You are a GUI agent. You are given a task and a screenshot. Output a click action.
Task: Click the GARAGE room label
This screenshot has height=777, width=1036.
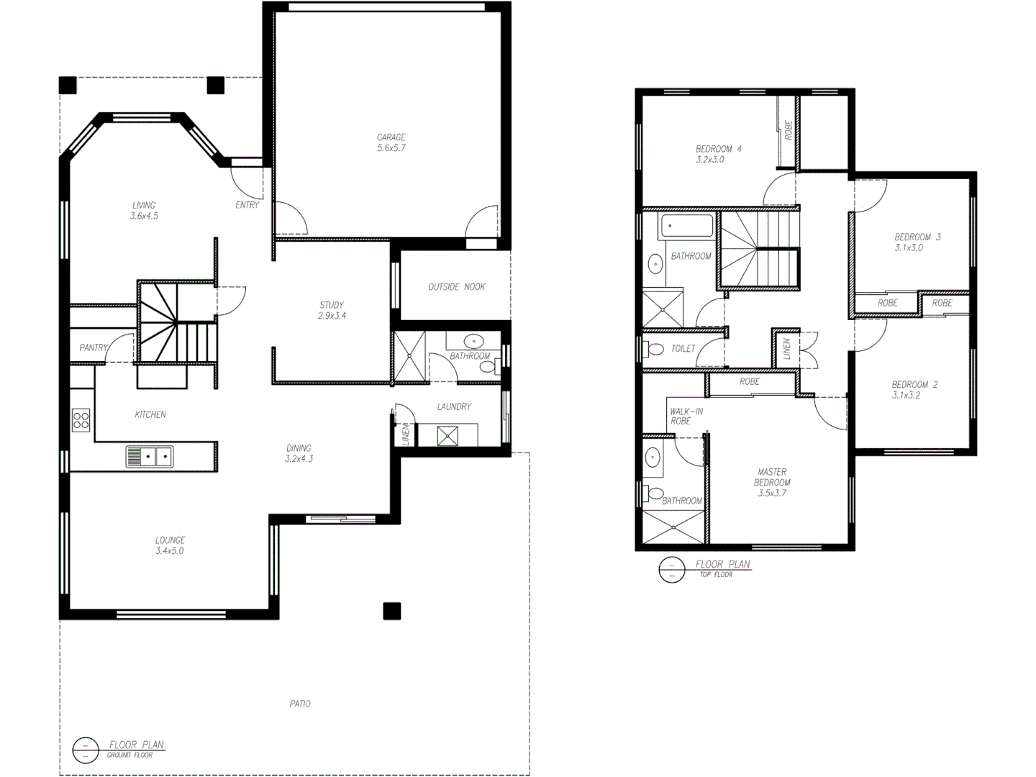[391, 137]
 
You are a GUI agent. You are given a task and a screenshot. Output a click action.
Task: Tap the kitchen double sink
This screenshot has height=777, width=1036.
[150, 456]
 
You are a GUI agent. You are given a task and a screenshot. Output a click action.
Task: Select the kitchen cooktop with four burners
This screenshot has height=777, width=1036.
[81, 419]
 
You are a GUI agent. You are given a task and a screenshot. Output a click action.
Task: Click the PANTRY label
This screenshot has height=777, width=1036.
[93, 347]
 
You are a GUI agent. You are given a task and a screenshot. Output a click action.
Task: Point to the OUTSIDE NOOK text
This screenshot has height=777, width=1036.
[456, 287]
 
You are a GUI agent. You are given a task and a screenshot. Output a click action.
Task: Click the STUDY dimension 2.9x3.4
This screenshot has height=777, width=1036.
[332, 316]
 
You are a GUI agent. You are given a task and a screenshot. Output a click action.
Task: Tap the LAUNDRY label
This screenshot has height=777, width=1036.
[454, 406]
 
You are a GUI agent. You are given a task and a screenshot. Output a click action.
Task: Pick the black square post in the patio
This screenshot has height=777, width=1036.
[391, 611]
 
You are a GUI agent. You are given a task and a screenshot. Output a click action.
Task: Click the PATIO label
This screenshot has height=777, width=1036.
[300, 704]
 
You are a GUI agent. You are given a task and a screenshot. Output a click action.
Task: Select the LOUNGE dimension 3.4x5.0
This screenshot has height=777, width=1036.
[170, 551]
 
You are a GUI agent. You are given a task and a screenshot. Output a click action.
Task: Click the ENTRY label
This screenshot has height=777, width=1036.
[247, 205]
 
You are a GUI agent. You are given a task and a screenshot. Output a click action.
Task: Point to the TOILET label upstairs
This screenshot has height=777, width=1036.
[683, 349]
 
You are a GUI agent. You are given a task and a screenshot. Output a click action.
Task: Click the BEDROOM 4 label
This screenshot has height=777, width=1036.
[718, 149]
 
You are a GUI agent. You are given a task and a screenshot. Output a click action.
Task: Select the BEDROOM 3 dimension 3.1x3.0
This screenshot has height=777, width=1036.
[909, 247]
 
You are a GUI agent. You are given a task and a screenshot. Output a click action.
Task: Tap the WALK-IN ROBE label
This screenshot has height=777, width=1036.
[686, 417]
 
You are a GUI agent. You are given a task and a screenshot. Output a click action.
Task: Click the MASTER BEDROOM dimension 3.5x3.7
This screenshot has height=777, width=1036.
[772, 494]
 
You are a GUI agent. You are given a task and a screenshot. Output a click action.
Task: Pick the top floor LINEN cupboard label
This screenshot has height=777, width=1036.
[787, 349]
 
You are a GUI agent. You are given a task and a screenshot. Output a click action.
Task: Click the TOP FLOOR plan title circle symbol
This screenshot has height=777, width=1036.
[671, 570]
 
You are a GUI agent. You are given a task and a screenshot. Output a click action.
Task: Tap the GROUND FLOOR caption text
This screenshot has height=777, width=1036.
[129, 755]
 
